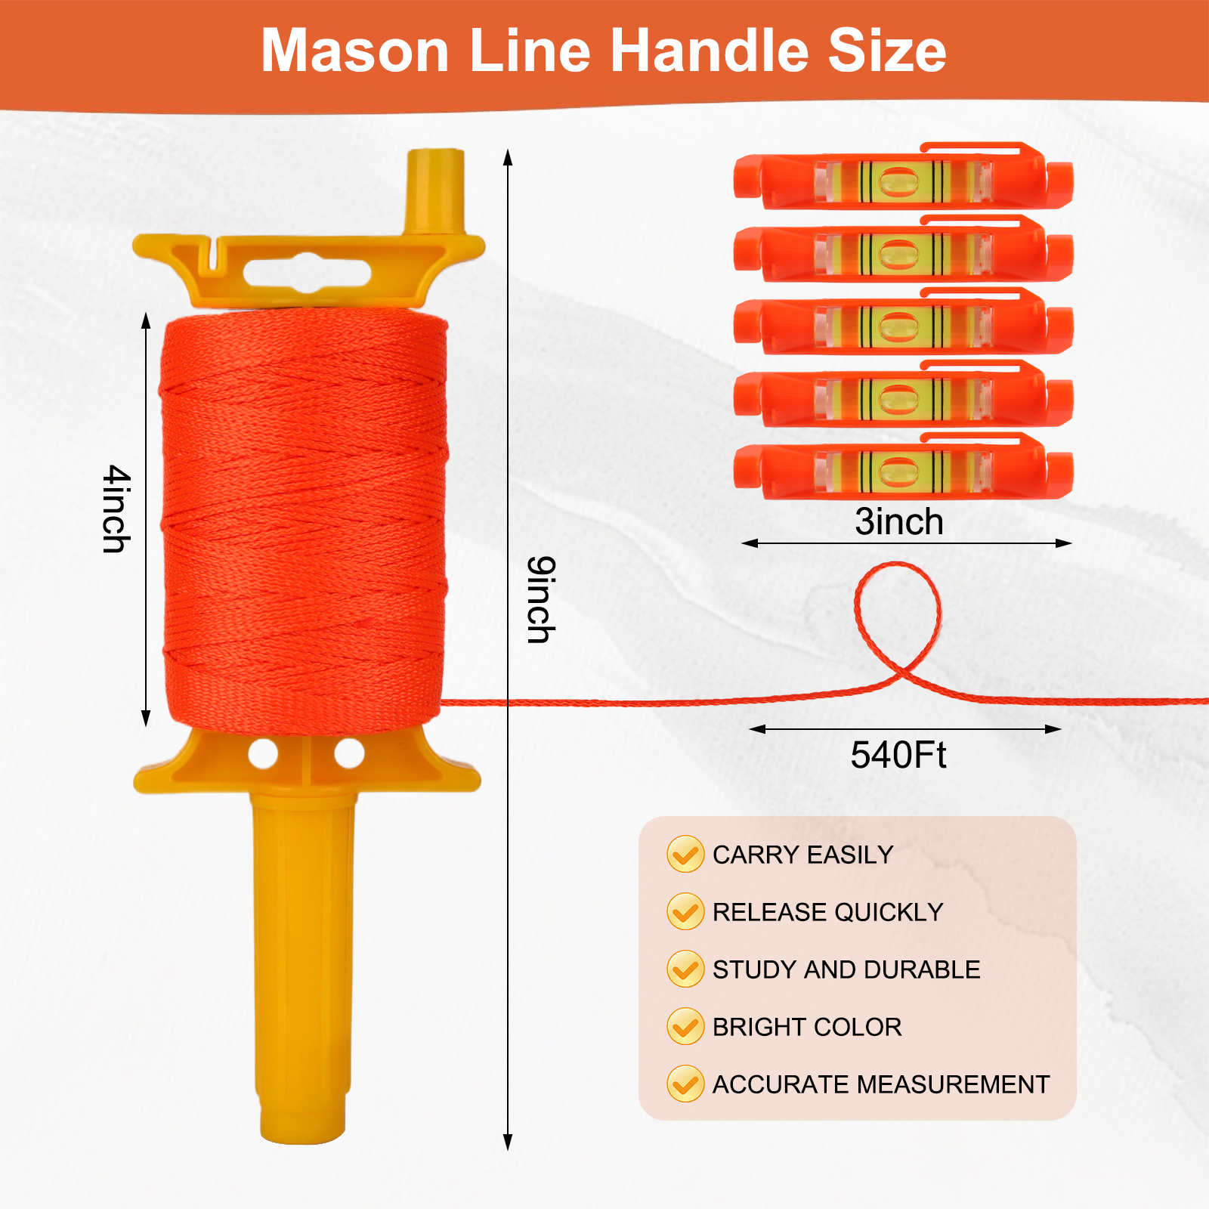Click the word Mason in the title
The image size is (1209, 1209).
pos(355,51)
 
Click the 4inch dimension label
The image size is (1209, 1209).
pos(116,509)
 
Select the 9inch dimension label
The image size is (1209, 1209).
pos(541,600)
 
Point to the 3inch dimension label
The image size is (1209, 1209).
pos(899,522)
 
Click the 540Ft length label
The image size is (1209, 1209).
pos(898,755)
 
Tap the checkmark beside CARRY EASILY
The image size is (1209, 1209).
pos(685,855)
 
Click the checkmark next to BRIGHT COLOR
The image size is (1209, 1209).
pos(685,1027)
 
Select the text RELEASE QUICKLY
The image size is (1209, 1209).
pos(827,912)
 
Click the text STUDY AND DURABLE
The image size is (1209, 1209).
pos(846,969)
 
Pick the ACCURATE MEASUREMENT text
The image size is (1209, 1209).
pos(881,1084)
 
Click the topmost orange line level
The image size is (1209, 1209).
pos(903,178)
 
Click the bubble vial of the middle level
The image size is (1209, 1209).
pos(898,326)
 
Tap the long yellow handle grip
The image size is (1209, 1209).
pos(302,960)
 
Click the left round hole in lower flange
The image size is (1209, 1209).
pos(263,754)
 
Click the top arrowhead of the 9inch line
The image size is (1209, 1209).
pos(508,156)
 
